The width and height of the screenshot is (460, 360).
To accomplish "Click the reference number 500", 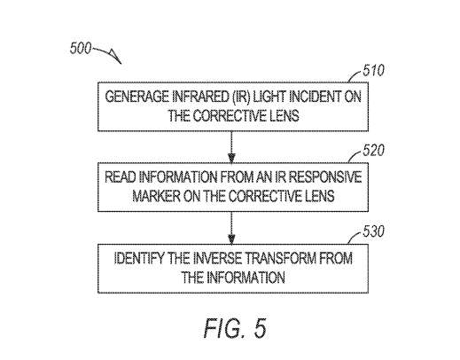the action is (81, 48).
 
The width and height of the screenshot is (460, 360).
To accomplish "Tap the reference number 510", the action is (373, 71).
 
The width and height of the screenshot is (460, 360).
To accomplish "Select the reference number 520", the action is (373, 151).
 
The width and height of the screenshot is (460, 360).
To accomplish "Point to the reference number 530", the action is (373, 231).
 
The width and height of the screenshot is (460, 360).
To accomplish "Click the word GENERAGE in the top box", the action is (136, 97).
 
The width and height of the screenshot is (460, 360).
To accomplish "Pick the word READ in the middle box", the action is (121, 177).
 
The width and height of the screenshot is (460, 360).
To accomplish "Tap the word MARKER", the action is (156, 196).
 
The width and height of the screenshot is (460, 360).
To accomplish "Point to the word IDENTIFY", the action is (138, 258).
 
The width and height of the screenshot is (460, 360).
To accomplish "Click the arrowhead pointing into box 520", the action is (231, 158).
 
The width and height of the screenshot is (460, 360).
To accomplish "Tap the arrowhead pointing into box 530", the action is (231, 239).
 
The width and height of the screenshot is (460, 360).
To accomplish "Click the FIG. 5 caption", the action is (235, 328).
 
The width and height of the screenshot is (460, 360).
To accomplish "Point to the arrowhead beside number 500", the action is (116, 57).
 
